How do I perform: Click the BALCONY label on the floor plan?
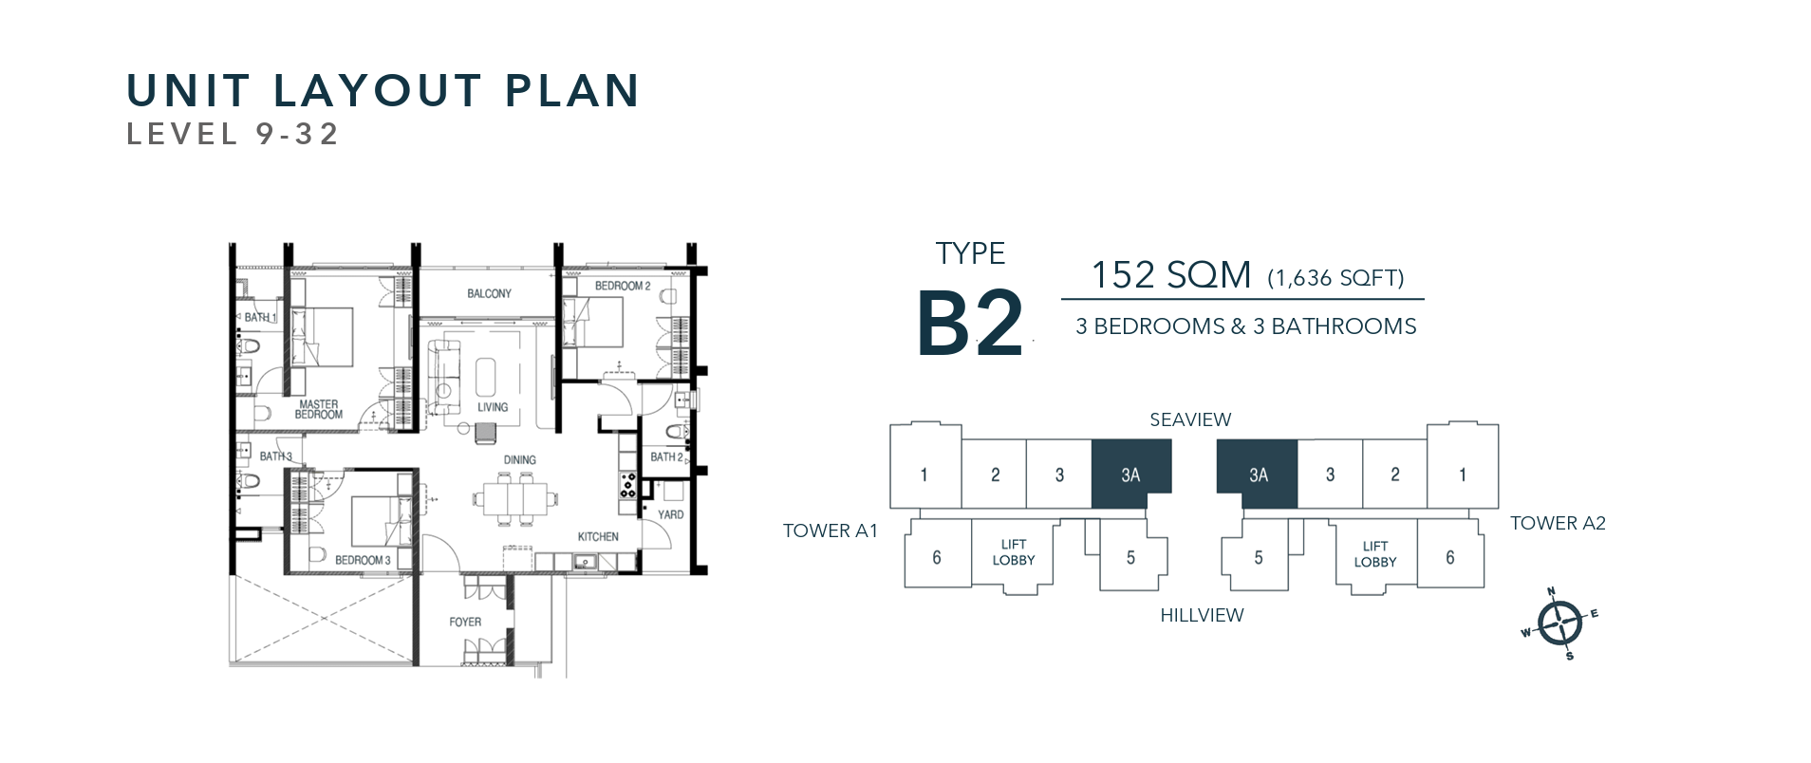tap(489, 293)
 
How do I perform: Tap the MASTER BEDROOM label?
tap(318, 409)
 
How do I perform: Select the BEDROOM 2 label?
tap(623, 286)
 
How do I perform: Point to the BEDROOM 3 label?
tap(363, 560)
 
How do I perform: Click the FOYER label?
tap(465, 622)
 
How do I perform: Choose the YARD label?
tap(670, 514)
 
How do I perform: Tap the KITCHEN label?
tap(598, 536)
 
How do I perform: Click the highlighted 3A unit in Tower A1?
tap(1131, 474)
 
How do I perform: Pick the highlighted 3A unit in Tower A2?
tap(1257, 474)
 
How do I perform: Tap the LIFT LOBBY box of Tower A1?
tap(1014, 554)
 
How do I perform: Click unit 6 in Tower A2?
tap(1450, 556)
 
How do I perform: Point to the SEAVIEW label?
tap(1190, 419)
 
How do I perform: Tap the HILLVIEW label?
tap(1202, 615)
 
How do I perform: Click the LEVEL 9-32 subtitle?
tap(233, 135)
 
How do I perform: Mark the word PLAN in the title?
tap(572, 91)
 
